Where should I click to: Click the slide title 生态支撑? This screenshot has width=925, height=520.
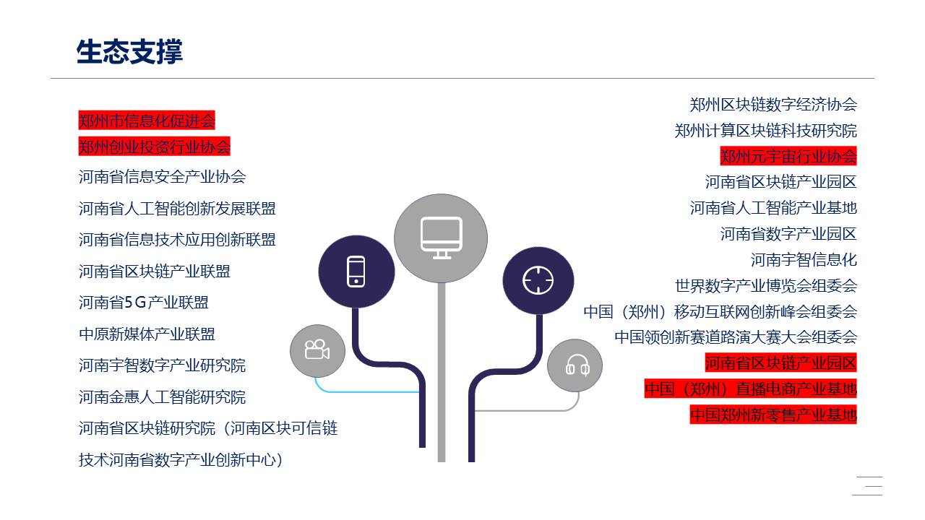point(129,51)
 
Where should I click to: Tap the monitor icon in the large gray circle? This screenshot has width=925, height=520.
point(442,238)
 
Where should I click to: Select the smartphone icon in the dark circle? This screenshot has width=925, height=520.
point(356,271)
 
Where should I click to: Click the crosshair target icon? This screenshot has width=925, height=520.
point(538,281)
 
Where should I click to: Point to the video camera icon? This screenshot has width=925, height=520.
point(317,350)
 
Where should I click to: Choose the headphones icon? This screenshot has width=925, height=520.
point(577,365)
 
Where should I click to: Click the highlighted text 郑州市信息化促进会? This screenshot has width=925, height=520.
point(147,121)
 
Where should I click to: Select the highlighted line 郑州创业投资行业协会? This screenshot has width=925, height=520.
point(155,147)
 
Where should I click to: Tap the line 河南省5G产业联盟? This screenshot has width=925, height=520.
point(144,303)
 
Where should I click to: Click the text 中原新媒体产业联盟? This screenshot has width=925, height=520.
point(147,334)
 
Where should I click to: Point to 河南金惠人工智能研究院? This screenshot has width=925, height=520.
point(163,397)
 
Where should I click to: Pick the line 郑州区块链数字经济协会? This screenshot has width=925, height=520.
point(773,105)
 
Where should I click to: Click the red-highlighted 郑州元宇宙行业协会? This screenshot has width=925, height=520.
point(788,156)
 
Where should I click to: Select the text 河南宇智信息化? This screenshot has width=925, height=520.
point(804,259)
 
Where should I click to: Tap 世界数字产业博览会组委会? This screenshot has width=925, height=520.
point(766,285)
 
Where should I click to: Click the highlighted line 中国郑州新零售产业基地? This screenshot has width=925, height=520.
point(773,415)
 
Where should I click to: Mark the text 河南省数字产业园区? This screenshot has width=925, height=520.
point(788,233)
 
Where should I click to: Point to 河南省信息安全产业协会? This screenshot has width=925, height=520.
point(163,177)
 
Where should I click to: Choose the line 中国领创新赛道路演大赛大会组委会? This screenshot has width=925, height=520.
point(736,337)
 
